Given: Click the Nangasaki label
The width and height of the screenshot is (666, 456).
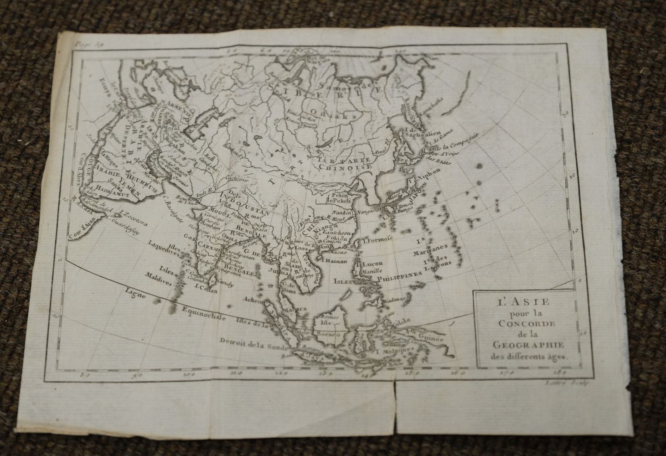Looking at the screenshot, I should click(372, 212).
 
